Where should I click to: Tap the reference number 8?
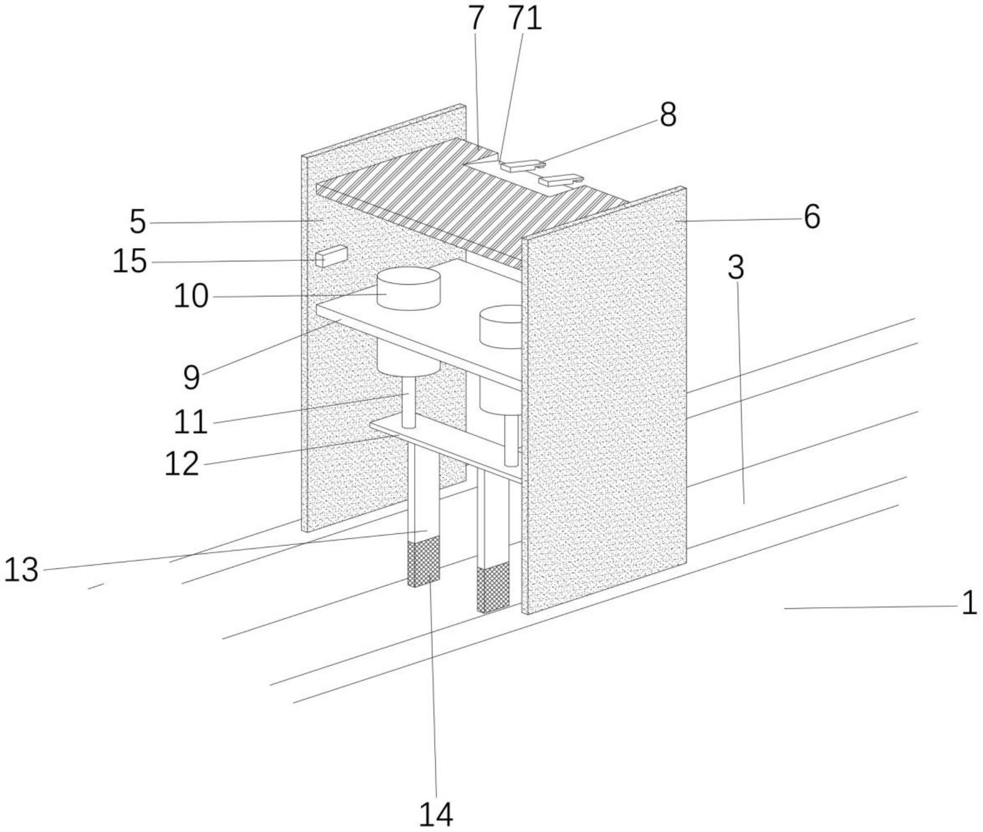[x=668, y=115]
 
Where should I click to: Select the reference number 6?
[x=811, y=216]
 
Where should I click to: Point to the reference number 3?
[x=735, y=268]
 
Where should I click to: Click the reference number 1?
[x=969, y=603]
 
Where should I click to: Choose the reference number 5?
[x=138, y=222]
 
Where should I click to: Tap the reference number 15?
[x=130, y=261]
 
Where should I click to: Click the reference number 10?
[x=191, y=296]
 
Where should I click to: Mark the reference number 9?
[x=191, y=377]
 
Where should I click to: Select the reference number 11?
[x=191, y=422]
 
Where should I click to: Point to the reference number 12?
[x=182, y=463]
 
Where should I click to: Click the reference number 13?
[x=21, y=569]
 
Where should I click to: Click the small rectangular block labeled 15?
[x=332, y=256]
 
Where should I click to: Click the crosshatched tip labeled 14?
[x=424, y=563]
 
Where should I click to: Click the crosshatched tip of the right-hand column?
[x=493, y=588]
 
